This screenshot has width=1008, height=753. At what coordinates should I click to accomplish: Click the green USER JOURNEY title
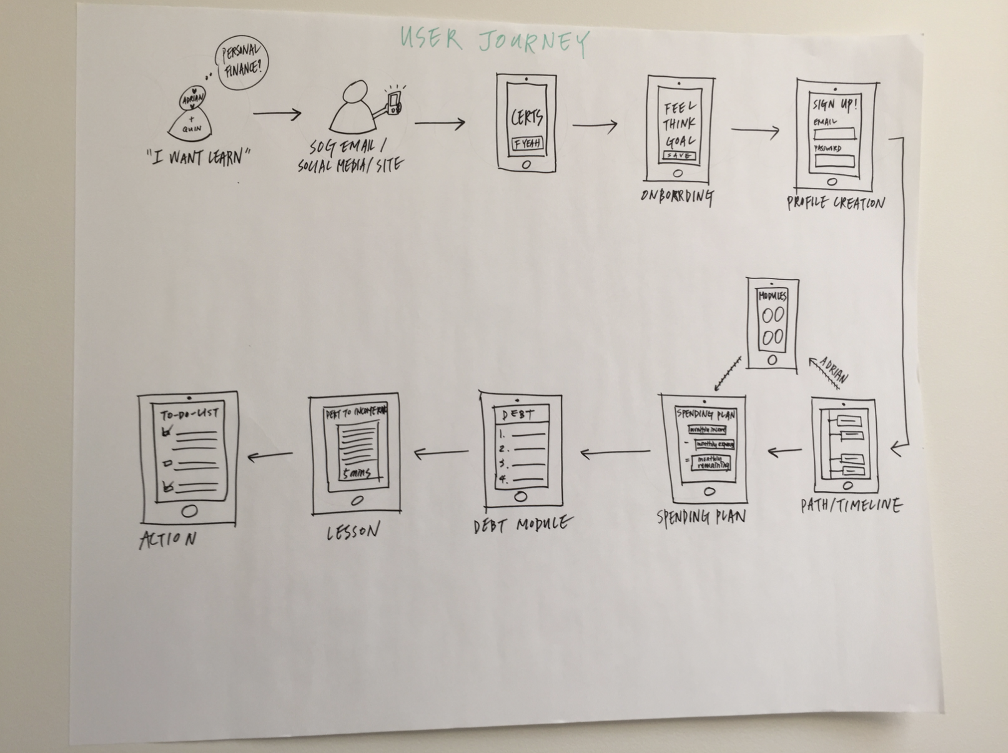tap(494, 41)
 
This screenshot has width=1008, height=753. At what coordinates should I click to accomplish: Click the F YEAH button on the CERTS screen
tap(527, 144)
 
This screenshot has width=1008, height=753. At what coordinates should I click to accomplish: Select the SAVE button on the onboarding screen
tap(678, 155)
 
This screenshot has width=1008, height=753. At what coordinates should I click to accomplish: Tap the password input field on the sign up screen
tap(834, 160)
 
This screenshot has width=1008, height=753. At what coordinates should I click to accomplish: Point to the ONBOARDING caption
tap(677, 196)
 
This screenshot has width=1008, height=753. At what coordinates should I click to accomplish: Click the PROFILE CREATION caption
tap(835, 203)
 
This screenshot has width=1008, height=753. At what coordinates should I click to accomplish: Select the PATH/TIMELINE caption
tap(851, 505)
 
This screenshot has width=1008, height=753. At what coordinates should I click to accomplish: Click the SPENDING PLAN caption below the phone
tap(701, 517)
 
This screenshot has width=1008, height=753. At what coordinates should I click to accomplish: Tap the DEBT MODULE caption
tap(521, 524)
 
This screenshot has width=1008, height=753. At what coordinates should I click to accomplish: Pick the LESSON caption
tap(353, 532)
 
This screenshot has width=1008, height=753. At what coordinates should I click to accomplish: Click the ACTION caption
tap(167, 539)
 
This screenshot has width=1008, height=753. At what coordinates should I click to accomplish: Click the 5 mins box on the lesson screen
tap(357, 474)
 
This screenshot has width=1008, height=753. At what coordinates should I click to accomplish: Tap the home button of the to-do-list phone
tap(189, 511)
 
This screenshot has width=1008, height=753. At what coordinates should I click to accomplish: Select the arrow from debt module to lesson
tap(441, 453)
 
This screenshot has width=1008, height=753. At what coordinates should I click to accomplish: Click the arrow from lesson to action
tap(270, 456)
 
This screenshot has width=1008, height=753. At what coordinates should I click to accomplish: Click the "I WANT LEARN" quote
tap(199, 157)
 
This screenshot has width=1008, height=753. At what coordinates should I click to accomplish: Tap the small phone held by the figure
tap(393, 103)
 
